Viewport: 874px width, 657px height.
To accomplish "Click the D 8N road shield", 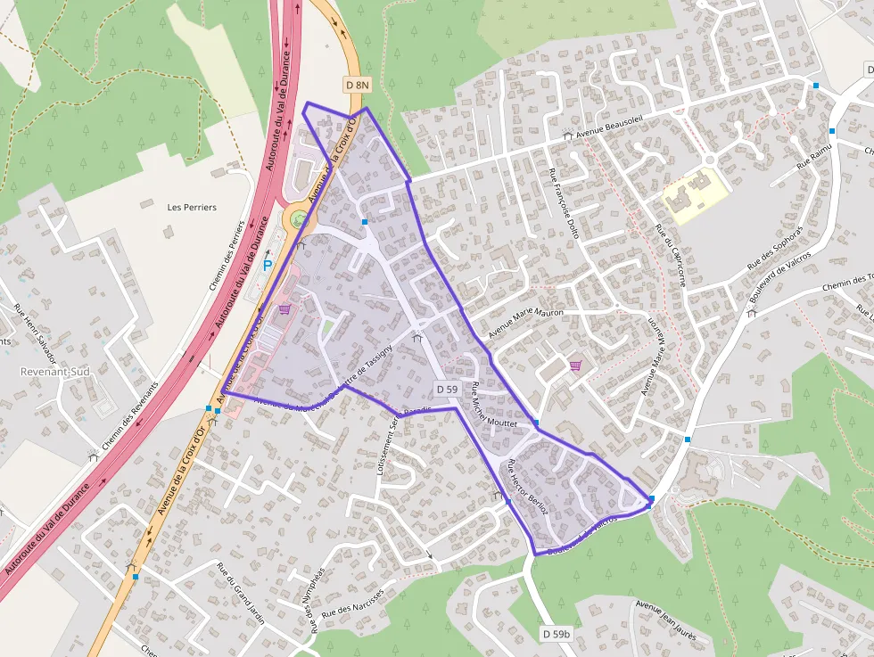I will (x=357, y=85).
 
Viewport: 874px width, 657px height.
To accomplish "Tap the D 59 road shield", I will (x=448, y=390).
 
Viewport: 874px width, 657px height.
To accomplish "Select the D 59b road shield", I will (x=556, y=634).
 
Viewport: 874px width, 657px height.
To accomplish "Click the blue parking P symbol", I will (x=267, y=265).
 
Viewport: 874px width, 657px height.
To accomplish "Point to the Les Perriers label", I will (x=192, y=207).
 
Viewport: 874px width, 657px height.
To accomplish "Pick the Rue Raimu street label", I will (x=813, y=157).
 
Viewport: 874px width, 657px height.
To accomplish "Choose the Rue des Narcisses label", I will (x=352, y=603).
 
